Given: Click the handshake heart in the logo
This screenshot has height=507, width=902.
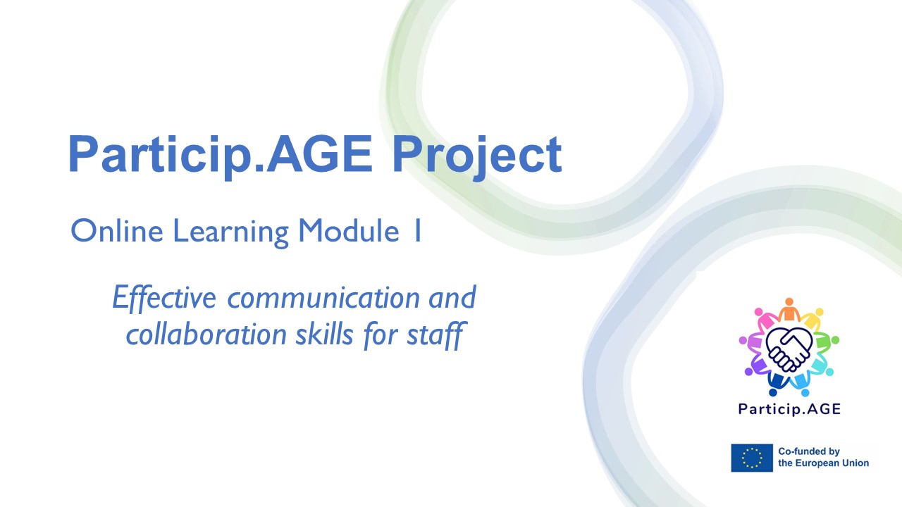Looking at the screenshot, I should pos(789,347).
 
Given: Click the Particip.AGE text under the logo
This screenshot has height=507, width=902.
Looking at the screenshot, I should pos(789,409).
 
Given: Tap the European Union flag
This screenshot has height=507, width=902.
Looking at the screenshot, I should pos(752,458).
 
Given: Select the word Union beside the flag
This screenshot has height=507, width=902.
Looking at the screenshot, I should pos(855,463).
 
